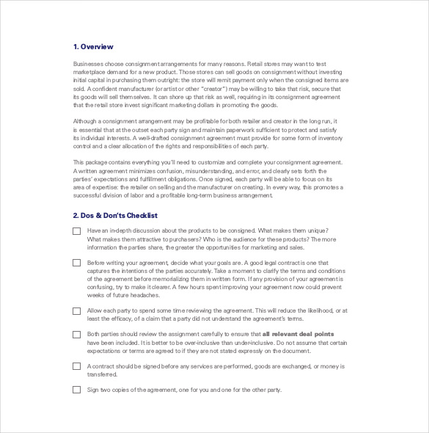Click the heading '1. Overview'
tap(93, 47)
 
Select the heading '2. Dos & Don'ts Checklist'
tap(115, 216)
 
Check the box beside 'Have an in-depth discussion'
tap(77, 230)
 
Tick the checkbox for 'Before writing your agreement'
tap(77, 263)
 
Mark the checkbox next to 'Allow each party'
tap(77, 311)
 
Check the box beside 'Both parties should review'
tap(77, 335)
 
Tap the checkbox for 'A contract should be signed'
tap(77, 366)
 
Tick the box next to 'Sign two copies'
tap(77, 390)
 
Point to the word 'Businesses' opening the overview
tap(89, 64)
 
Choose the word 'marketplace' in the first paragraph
tap(91, 73)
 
